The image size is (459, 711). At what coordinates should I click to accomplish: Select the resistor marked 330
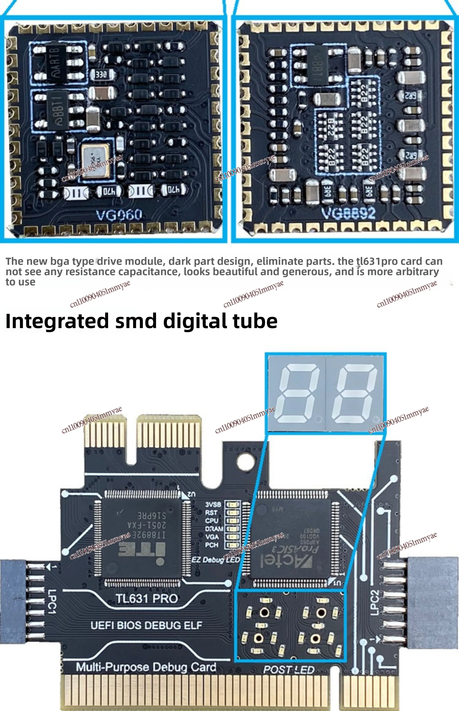(101, 75)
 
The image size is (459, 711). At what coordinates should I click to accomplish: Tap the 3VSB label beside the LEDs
(213, 504)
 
